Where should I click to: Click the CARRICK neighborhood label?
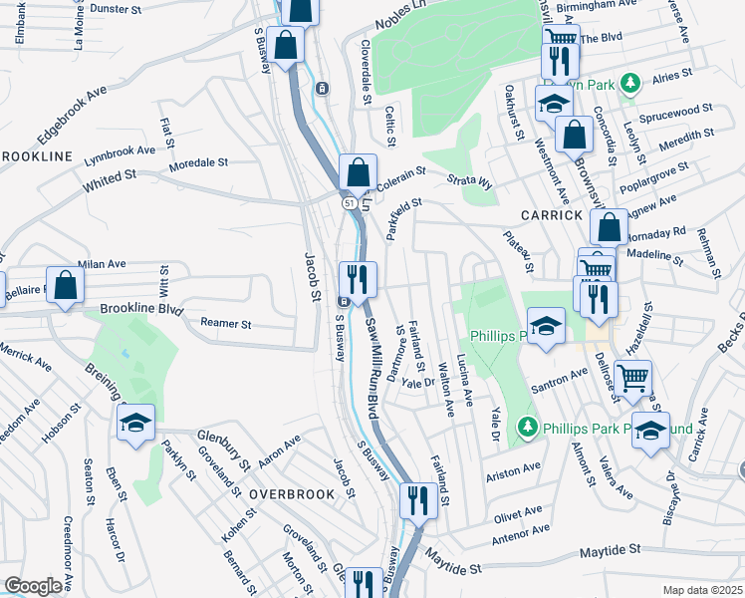(x=550, y=215)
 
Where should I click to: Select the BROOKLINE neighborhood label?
(x=36, y=156)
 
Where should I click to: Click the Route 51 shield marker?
(x=350, y=203)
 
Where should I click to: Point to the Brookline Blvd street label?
(x=142, y=310)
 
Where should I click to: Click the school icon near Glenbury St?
(x=136, y=424)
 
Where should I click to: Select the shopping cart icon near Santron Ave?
(x=633, y=379)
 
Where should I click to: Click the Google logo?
(x=33, y=586)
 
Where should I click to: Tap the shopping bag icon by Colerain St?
(x=358, y=172)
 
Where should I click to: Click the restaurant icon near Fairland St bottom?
(x=416, y=500)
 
